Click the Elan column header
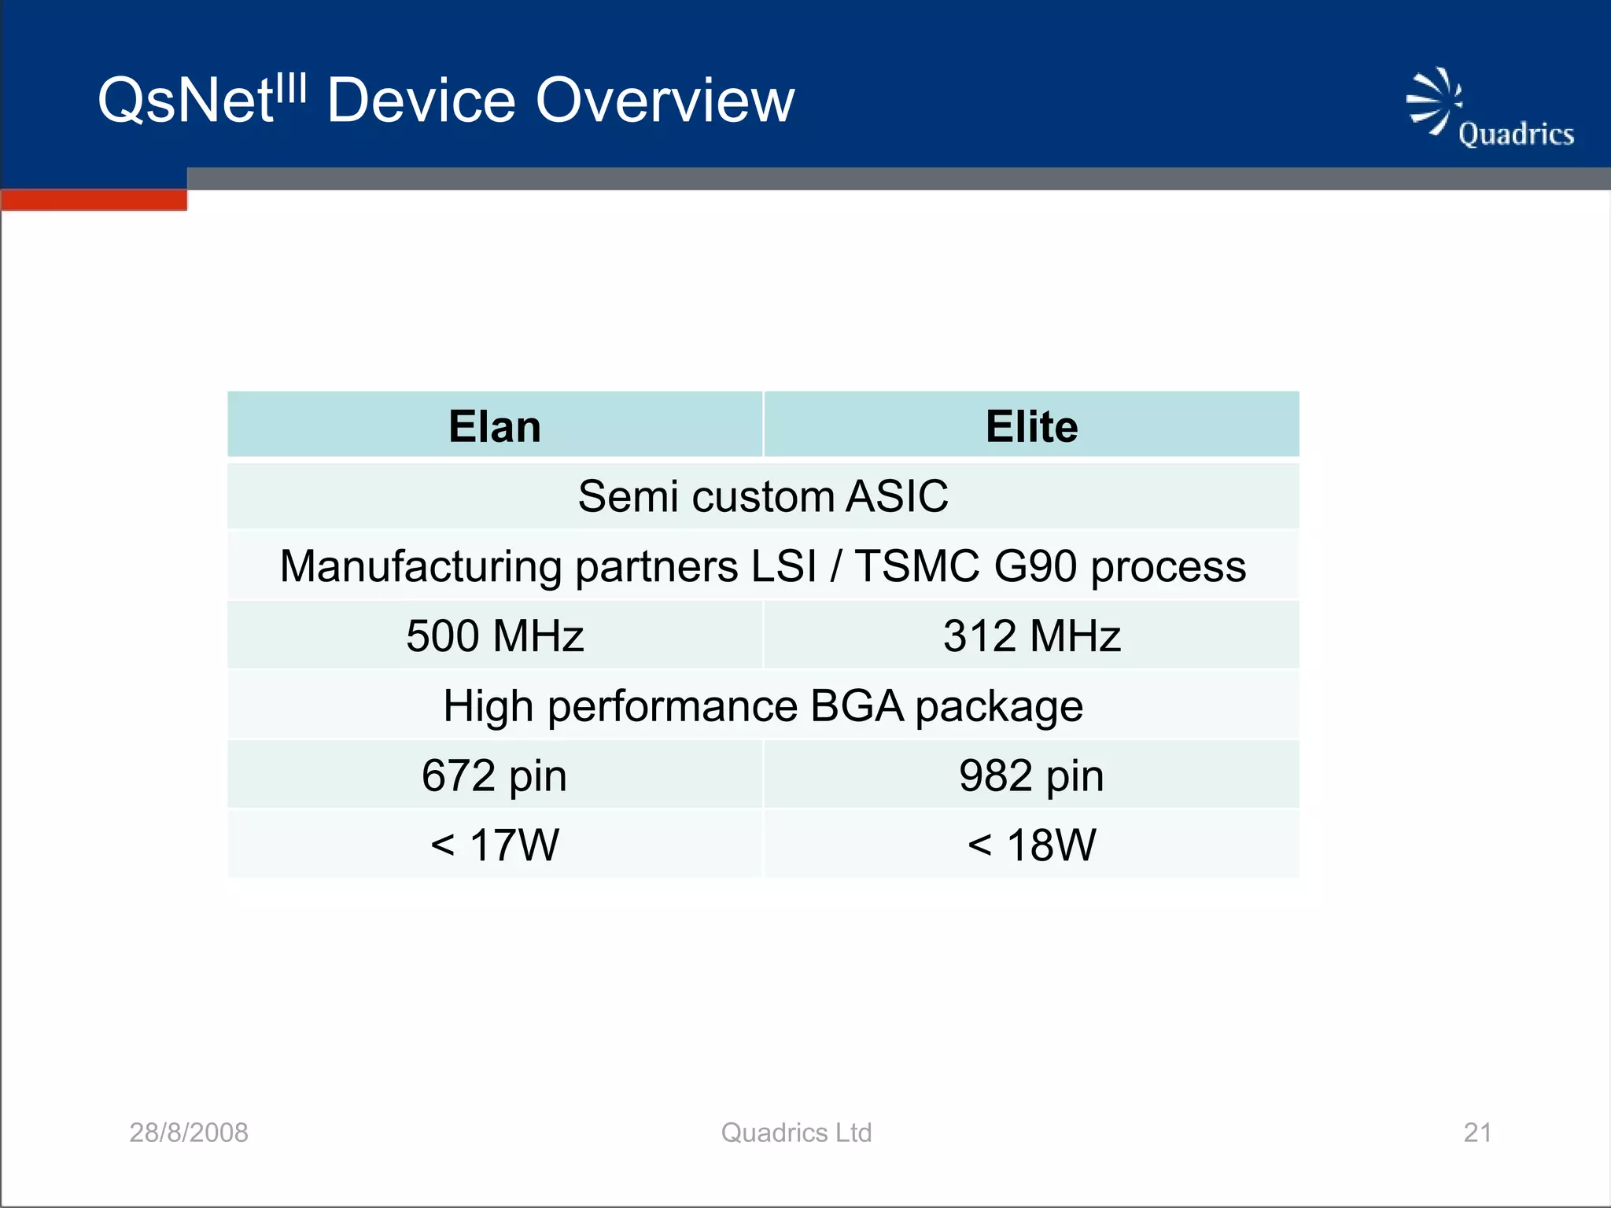[495, 426]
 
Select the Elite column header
[1031, 426]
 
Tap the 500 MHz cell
[495, 635]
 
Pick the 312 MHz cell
[1031, 635]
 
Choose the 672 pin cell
[495, 775]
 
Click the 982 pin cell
[1031, 775]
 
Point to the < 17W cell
[495, 845]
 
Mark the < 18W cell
[1031, 845]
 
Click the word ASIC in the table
[897, 496]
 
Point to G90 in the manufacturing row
[1035, 566]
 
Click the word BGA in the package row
[857, 705]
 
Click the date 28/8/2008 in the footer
[189, 1132]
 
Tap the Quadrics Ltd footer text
[796, 1132]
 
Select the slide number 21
[1477, 1132]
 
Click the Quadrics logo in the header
[1488, 110]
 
